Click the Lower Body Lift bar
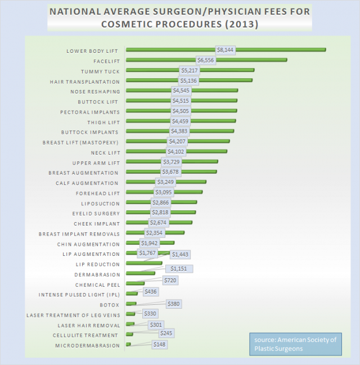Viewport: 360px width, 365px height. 270,50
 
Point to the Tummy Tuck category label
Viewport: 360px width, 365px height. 100,71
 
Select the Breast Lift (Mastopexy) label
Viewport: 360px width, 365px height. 81,142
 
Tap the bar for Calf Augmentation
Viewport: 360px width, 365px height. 186,182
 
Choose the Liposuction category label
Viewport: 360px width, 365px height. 101,204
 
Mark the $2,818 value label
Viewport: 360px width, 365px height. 162,213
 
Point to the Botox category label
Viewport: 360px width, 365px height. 110,305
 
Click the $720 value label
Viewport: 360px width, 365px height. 170,280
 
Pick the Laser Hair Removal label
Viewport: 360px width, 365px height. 89,325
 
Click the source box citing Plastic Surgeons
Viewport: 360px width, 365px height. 295,344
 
